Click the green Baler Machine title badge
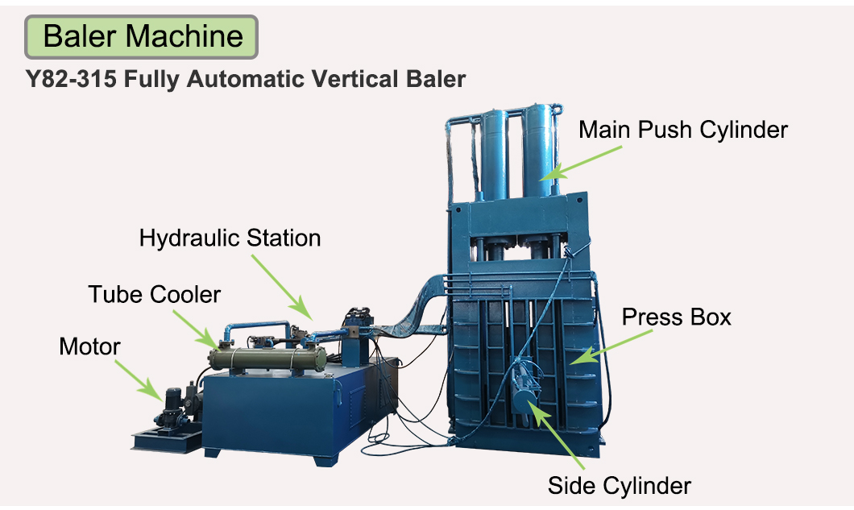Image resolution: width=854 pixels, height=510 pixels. [141, 37]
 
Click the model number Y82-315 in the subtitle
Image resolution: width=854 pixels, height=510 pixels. [71, 79]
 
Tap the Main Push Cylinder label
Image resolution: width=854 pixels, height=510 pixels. [683, 131]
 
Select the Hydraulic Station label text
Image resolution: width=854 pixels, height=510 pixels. [230, 238]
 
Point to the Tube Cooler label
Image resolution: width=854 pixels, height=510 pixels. [154, 295]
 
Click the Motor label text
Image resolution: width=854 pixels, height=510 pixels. [89, 346]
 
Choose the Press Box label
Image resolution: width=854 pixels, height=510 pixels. [677, 317]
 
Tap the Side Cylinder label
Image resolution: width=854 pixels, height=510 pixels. [620, 486]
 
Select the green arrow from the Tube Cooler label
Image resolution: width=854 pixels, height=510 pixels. [197, 330]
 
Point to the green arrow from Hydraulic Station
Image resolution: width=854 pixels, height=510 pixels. [282, 287]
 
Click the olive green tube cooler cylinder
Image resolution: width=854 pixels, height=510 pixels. [267, 359]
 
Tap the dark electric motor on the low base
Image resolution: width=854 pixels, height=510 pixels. [172, 408]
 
